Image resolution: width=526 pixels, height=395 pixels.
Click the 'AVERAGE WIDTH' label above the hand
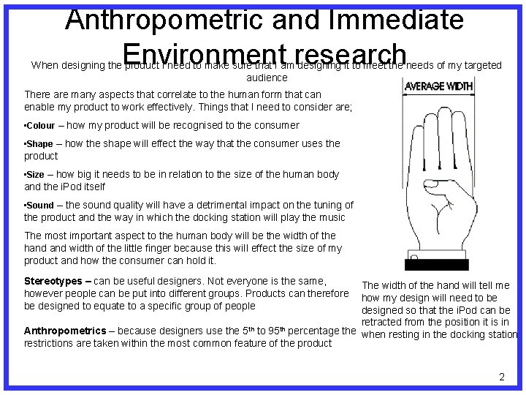[439, 86]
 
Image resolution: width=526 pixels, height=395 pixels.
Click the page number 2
[501, 377]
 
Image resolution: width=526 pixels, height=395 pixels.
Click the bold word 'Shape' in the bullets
[40, 144]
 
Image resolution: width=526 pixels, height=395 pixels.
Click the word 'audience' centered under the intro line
[267, 78]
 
